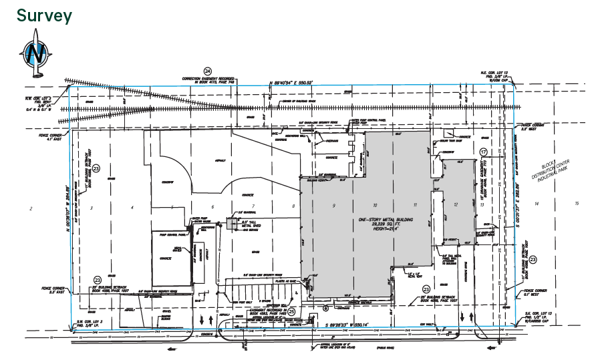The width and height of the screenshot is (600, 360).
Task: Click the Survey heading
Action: click(44, 15)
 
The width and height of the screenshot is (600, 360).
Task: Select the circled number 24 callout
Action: click(208, 70)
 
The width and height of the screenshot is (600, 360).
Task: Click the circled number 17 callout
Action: click(482, 153)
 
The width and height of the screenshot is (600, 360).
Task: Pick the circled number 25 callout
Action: click(291, 311)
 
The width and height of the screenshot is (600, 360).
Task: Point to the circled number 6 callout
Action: click(325, 308)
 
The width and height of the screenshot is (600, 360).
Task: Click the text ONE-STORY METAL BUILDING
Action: click(386, 219)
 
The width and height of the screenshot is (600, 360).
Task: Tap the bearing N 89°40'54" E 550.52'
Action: click(300, 83)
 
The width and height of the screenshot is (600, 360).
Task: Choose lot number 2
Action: click(31, 209)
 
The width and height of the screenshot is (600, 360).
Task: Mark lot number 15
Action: click(577, 202)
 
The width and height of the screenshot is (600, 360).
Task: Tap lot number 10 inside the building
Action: click(376, 205)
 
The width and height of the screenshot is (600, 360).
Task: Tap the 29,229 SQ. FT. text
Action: click(386, 224)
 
